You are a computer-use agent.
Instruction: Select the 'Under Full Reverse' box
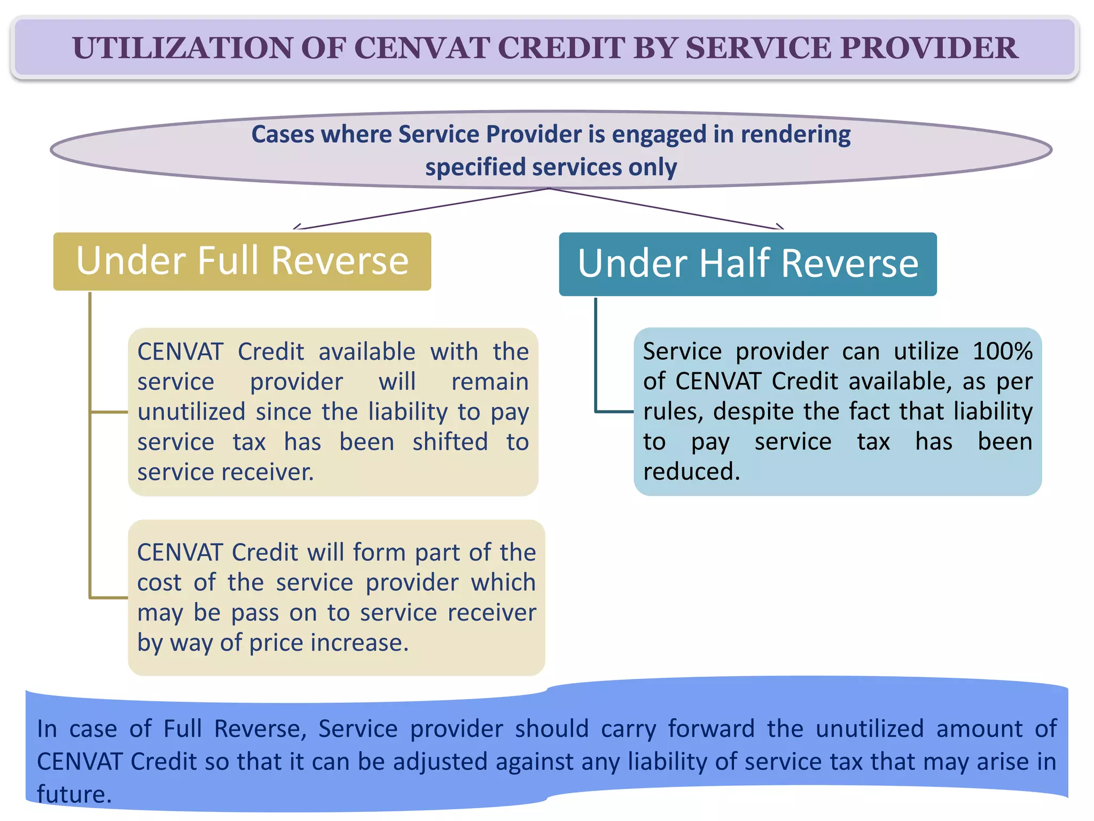click(242, 261)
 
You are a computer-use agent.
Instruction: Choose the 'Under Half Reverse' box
click(747, 264)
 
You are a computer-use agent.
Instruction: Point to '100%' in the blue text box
click(1002, 352)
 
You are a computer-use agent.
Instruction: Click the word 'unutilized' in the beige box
click(191, 412)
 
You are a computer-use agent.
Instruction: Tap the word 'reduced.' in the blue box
click(691, 472)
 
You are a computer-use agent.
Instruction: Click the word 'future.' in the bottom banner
click(74, 794)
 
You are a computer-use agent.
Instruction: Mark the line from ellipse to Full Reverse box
click(422, 209)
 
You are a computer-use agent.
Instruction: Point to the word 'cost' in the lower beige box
click(159, 583)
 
